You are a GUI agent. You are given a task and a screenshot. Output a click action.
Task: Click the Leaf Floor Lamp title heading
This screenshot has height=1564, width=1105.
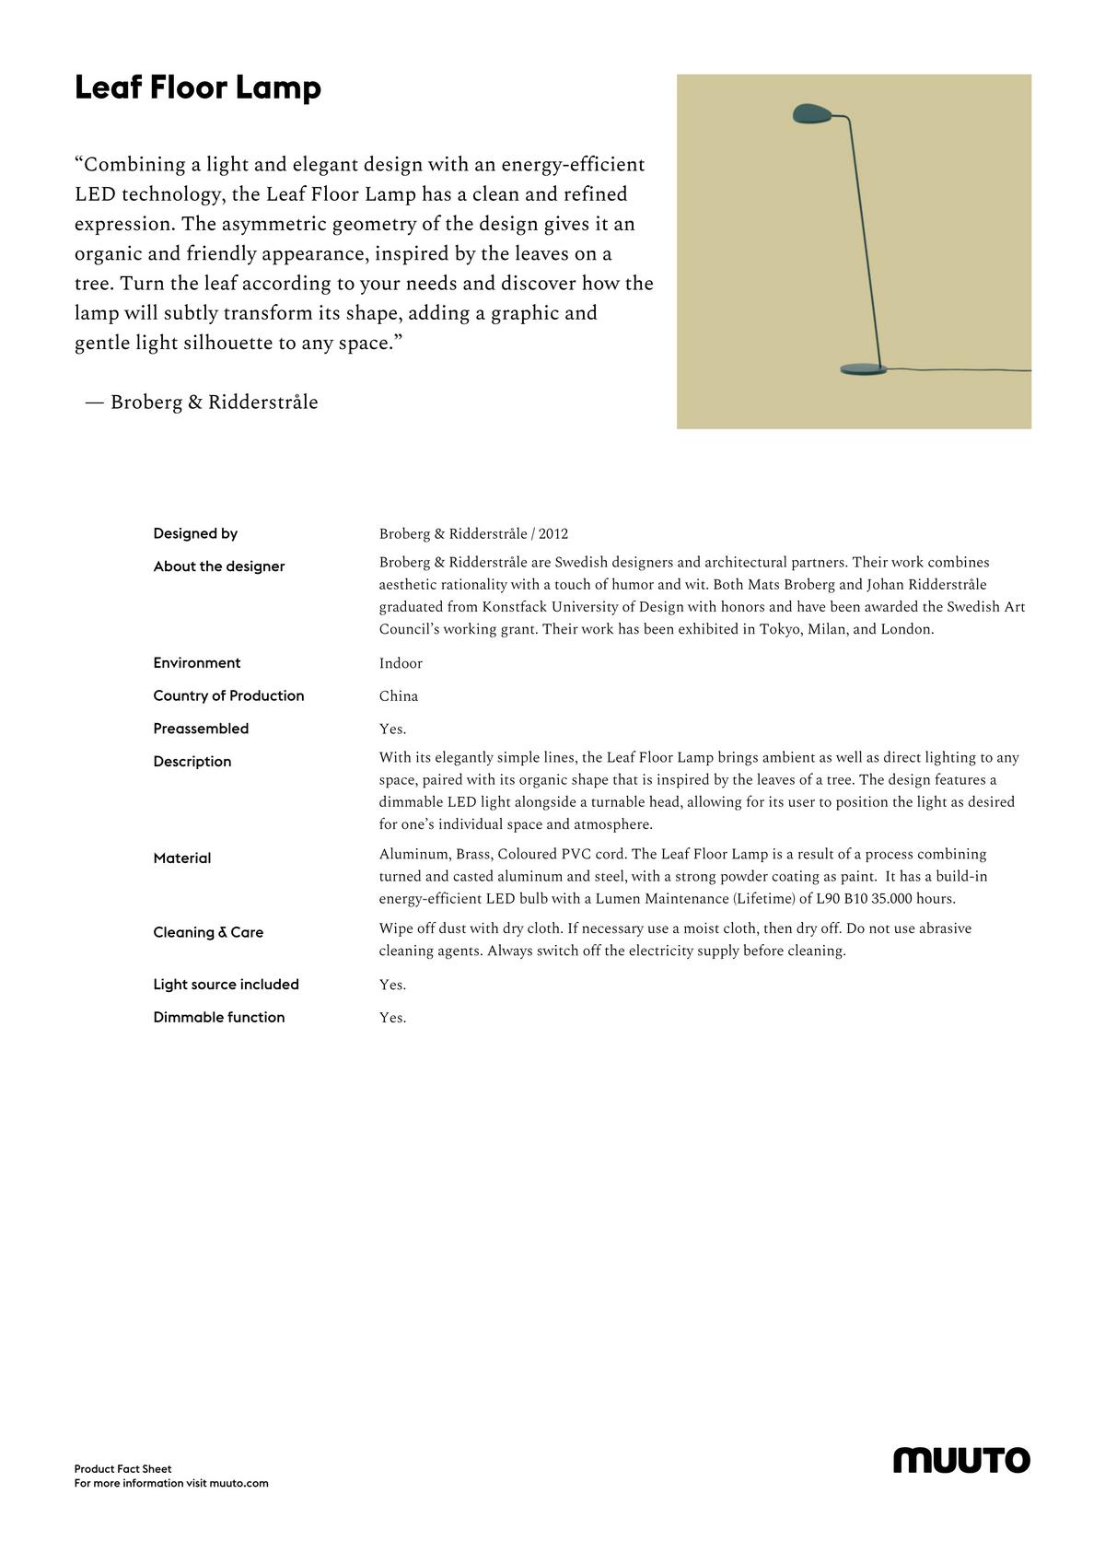click(x=198, y=88)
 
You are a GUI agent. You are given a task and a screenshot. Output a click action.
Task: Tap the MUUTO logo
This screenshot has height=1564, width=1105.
click(x=961, y=1460)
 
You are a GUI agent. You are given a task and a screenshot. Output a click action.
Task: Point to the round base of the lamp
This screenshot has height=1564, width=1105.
click(x=863, y=369)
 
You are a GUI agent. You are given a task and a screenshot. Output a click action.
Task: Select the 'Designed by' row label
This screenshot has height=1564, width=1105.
click(x=195, y=533)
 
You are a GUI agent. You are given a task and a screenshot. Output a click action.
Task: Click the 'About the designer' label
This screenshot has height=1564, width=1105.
click(x=219, y=566)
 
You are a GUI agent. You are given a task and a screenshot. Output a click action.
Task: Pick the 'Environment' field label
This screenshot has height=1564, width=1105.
click(x=197, y=663)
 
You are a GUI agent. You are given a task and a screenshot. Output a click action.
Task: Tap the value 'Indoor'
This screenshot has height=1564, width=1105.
click(x=401, y=663)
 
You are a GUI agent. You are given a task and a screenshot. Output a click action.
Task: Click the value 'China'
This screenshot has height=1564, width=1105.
click(x=399, y=696)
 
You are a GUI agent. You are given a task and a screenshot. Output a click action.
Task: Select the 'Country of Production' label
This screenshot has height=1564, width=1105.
click(x=228, y=695)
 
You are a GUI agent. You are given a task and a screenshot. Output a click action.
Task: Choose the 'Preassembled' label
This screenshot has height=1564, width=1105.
click(x=201, y=729)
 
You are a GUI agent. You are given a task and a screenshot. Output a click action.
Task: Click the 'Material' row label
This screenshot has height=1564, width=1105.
click(x=182, y=858)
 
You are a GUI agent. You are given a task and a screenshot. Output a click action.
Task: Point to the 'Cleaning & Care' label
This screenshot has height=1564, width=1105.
click(x=208, y=932)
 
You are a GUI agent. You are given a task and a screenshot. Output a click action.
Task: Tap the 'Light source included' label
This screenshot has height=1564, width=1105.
click(x=226, y=985)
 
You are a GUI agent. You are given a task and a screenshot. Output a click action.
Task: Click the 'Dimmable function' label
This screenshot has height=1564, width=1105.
click(x=219, y=1018)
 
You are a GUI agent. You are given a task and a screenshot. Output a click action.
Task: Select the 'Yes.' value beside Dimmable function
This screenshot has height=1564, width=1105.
click(x=392, y=1018)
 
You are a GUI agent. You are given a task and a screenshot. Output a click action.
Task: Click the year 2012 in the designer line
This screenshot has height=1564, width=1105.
click(x=553, y=534)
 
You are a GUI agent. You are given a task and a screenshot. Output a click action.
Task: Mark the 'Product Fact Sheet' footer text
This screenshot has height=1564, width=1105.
click(x=122, y=1469)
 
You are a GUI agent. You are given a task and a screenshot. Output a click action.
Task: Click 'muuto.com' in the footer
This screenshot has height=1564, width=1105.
click(x=238, y=1483)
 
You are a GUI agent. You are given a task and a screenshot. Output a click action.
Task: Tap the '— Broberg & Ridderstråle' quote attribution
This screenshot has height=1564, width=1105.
click(x=202, y=403)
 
